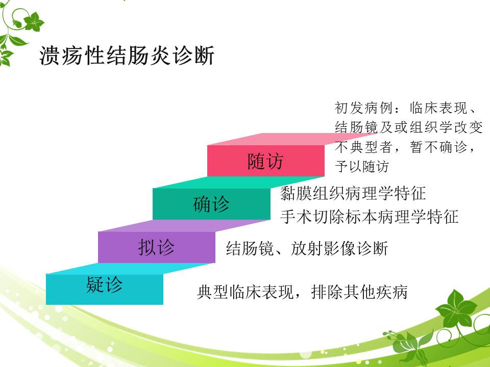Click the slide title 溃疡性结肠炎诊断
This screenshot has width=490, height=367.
coord(127,56)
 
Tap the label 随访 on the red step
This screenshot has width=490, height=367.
coord(265,162)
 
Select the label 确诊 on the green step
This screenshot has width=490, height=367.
coord(211,204)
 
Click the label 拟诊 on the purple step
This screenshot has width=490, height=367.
coord(156,248)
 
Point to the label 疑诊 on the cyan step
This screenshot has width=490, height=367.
coord(104,284)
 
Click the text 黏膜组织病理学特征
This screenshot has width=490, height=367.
coord(353,193)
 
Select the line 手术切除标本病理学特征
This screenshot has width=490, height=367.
coord(369,217)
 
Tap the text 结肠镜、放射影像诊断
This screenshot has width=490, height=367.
coord(307,248)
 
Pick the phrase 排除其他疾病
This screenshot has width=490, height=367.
coord(359,293)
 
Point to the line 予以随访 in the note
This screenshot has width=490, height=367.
coord(361,166)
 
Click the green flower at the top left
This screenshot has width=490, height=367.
coord(34,22)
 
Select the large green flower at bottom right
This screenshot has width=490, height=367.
coord(456,309)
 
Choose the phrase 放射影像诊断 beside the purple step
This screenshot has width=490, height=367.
coord(339,248)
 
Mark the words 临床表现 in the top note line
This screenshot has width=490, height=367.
coord(438,108)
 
